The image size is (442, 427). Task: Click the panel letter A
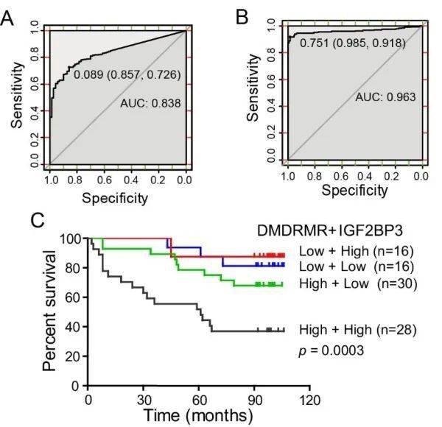pos(9,17)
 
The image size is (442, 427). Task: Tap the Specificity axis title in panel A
pos(115,197)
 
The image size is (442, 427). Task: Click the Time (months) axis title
pos(199,415)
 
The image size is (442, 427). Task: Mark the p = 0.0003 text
pos(331,350)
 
